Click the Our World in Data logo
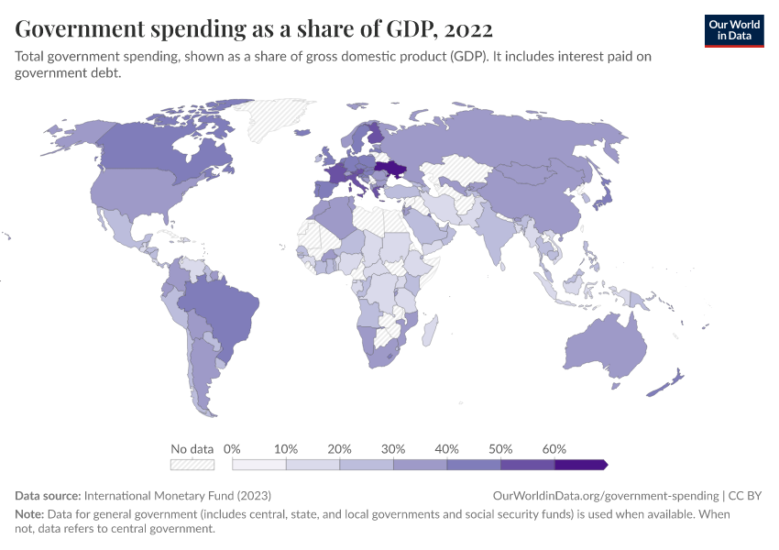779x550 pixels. (x=733, y=30)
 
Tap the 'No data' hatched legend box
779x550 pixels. (x=192, y=465)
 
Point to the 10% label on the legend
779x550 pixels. (x=286, y=449)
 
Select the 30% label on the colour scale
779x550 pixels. (x=393, y=449)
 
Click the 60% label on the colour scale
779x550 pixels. (x=554, y=449)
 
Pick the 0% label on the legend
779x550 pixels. (x=232, y=449)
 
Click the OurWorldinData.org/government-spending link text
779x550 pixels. (x=607, y=495)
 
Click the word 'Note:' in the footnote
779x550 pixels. (x=30, y=514)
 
